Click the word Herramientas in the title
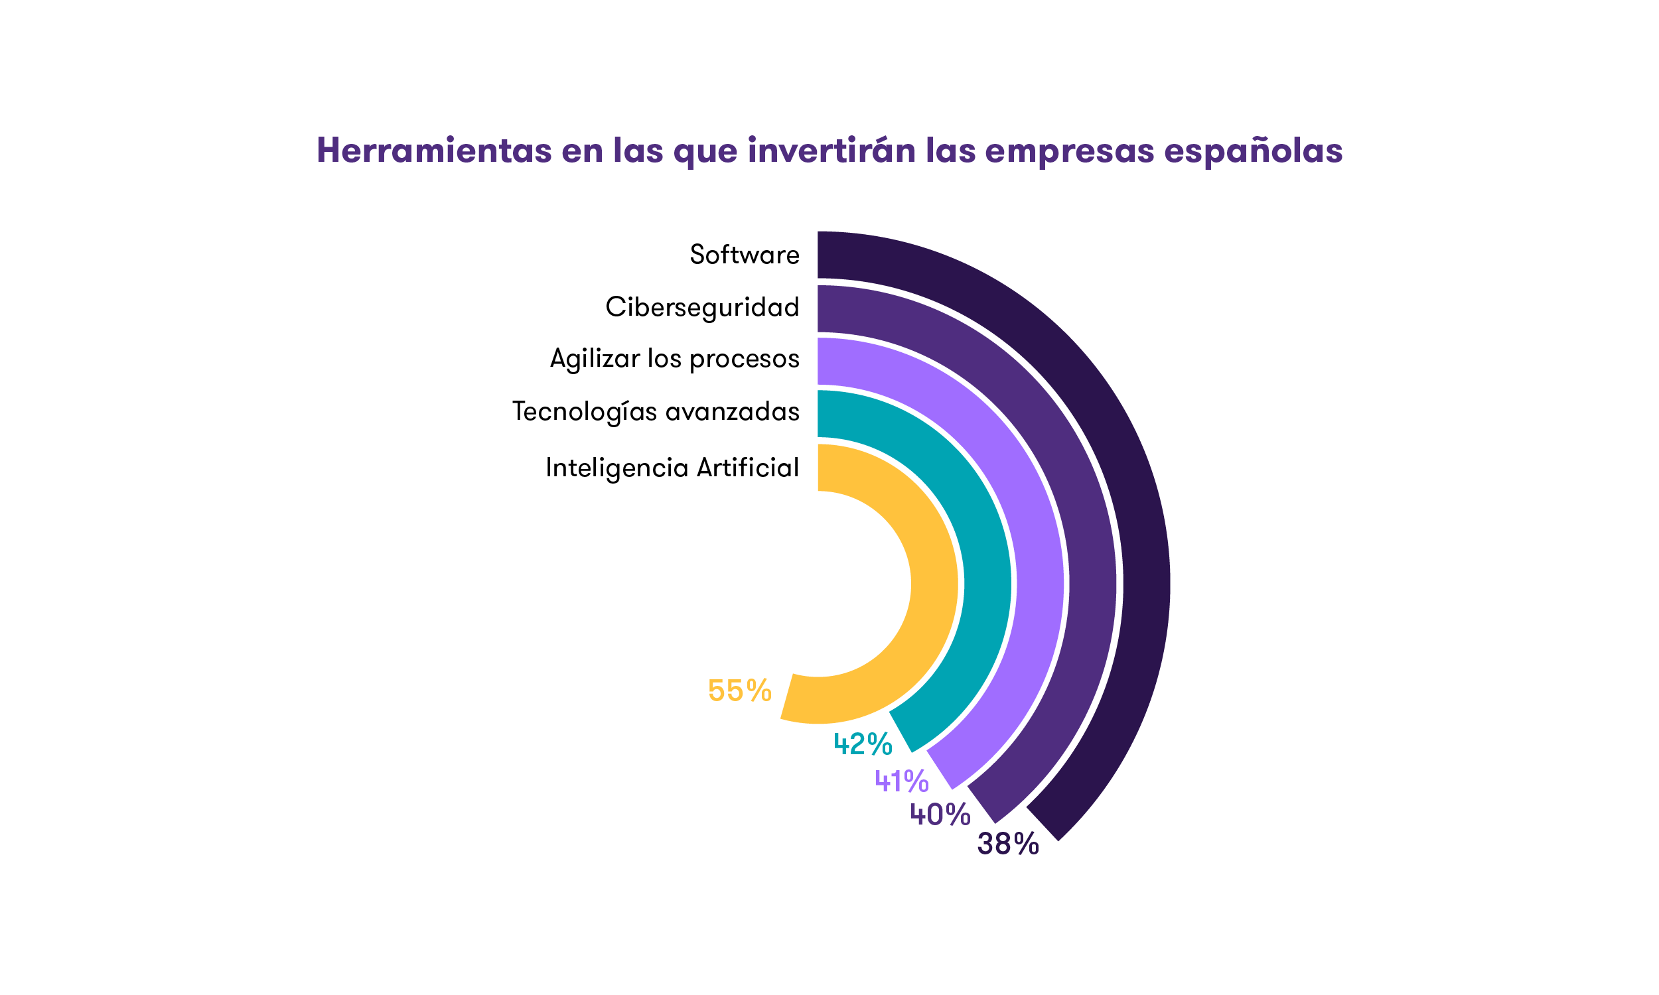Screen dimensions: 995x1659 coord(434,150)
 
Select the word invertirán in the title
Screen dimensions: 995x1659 coord(831,150)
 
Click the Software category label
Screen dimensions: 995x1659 coord(745,255)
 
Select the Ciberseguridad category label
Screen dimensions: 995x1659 coord(702,307)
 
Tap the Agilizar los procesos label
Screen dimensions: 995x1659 coord(675,359)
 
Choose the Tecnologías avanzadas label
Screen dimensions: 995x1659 coord(656,411)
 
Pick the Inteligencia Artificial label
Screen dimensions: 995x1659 coord(672,468)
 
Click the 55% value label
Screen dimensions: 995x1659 coord(740,691)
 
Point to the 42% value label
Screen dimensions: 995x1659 coord(863,744)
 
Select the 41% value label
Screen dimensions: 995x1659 coord(901,781)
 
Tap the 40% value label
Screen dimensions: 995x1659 coord(940,815)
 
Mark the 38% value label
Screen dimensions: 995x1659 coord(1008,844)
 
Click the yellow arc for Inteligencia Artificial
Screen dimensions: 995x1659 coord(934,583)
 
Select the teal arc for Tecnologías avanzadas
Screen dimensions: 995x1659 coord(987,583)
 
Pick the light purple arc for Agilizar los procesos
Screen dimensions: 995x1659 coord(1040,583)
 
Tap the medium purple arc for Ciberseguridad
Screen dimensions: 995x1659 coord(1092,583)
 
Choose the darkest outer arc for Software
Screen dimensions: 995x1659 coord(1145,583)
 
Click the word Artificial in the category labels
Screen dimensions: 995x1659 coord(748,468)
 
